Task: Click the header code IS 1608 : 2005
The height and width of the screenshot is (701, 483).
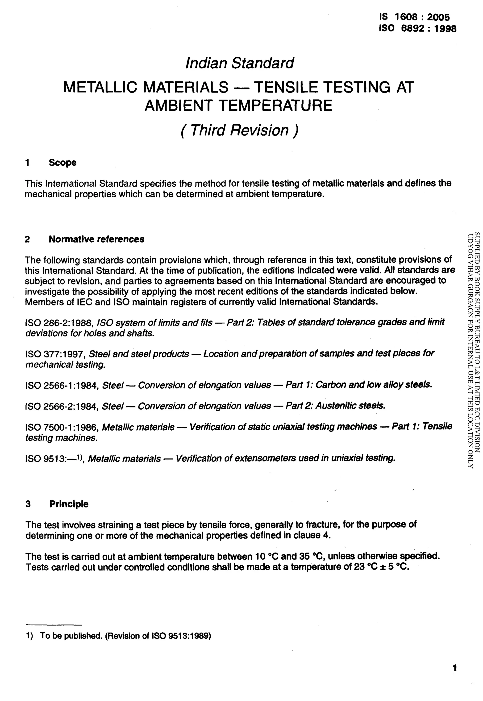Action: pos(414,17)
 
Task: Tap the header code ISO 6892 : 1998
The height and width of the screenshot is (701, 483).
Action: pos(417,29)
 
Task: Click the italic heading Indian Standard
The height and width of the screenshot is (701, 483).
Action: pos(239,63)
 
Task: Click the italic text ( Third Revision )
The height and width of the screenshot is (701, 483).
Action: pos(239,130)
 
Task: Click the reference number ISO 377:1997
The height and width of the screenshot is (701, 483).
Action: pos(56,354)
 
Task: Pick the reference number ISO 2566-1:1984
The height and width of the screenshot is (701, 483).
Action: pos(62,385)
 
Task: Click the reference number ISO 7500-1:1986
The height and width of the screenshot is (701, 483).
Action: pos(62,427)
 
